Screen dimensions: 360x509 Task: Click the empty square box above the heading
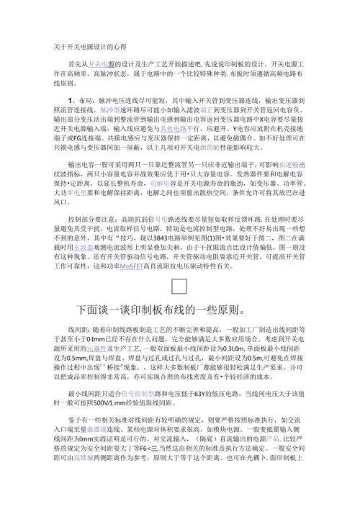[x=179, y=288]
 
